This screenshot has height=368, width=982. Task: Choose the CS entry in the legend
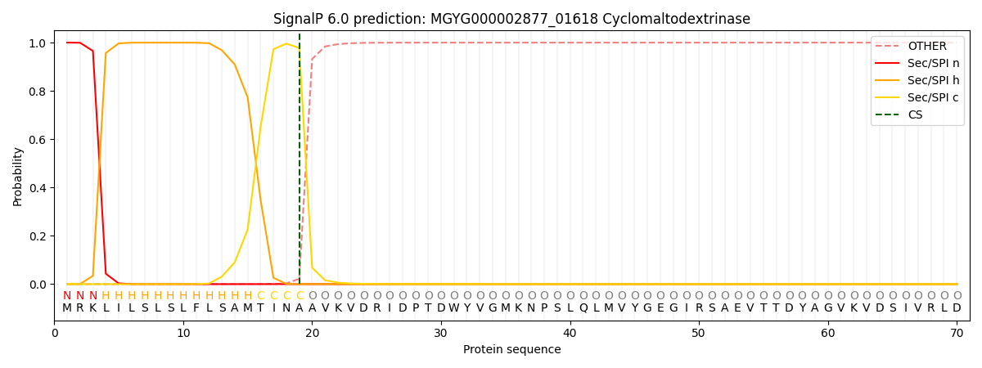click(x=915, y=114)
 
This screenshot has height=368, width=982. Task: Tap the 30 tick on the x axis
click(x=441, y=333)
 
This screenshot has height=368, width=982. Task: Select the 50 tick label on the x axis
click(x=699, y=333)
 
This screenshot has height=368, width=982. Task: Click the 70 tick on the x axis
click(x=957, y=333)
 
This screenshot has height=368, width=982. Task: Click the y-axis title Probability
click(x=18, y=176)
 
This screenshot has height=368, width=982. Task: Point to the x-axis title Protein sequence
click(x=512, y=349)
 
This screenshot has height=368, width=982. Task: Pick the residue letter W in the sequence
click(x=454, y=308)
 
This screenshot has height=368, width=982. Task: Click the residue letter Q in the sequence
click(x=583, y=308)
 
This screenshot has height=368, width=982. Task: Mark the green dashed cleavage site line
click(x=300, y=164)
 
